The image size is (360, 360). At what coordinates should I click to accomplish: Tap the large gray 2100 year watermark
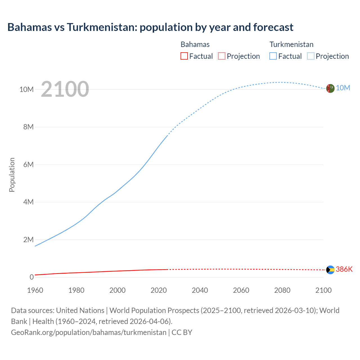(x=65, y=89)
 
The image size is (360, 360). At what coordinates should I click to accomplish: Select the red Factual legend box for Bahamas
(x=184, y=56)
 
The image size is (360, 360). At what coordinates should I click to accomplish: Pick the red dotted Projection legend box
(x=222, y=56)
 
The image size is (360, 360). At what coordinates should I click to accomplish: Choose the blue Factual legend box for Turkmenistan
(x=273, y=56)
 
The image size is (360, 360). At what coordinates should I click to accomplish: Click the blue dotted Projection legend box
(x=310, y=56)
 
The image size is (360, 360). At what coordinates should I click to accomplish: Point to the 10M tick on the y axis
(x=26, y=89)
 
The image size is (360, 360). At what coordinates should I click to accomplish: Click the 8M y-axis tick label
(x=28, y=127)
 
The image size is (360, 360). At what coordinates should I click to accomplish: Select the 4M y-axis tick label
(x=28, y=202)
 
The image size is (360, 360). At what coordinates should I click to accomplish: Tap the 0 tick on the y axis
(x=31, y=277)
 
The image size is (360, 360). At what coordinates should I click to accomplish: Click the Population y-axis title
(x=12, y=175)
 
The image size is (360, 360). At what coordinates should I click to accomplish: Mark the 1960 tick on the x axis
(x=35, y=290)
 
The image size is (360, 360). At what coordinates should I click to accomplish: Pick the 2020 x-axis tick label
(x=159, y=290)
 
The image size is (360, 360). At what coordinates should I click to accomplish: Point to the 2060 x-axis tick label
(x=241, y=290)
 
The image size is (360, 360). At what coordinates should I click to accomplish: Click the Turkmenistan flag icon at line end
(x=330, y=88)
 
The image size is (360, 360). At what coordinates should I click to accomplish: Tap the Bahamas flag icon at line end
(x=330, y=270)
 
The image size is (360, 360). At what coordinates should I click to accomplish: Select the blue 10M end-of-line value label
(x=343, y=88)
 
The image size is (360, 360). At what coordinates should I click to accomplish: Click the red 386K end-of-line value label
(x=344, y=269)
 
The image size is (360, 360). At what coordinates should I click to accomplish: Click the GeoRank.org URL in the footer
(x=89, y=332)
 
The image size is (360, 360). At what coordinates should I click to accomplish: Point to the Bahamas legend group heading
(x=195, y=44)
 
